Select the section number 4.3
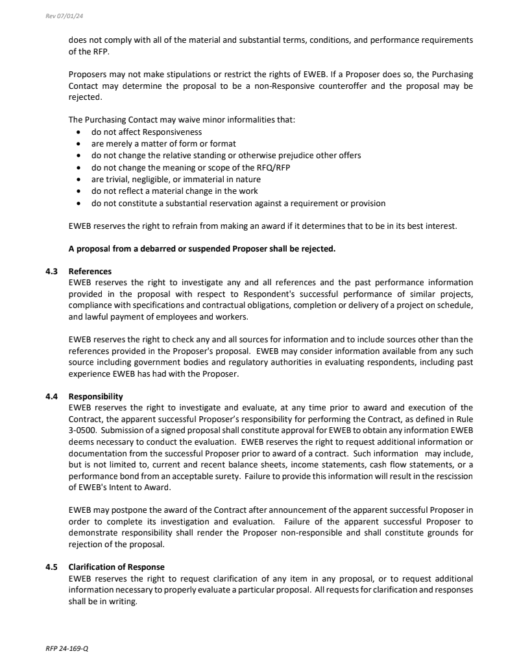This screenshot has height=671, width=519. pyautogui.click(x=51, y=271)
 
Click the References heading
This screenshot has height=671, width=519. pyautogui.click(x=90, y=271)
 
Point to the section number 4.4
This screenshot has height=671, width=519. pyautogui.click(x=51, y=396)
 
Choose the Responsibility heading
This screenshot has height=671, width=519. pyautogui.click(x=95, y=396)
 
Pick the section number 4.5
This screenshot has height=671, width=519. pyautogui.click(x=51, y=567)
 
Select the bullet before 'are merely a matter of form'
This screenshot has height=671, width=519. pyautogui.click(x=78, y=144)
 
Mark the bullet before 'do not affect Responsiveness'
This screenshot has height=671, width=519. pyautogui.click(x=78, y=132)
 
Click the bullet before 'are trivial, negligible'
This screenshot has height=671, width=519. pyautogui.click(x=78, y=180)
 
